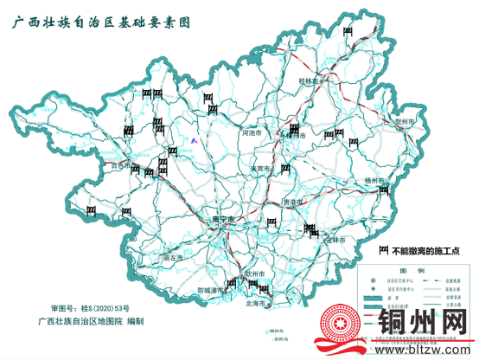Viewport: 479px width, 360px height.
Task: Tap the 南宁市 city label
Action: click(224, 221)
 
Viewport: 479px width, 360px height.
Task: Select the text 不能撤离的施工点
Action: click(429, 251)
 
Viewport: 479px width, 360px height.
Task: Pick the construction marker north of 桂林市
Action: click(348, 33)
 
